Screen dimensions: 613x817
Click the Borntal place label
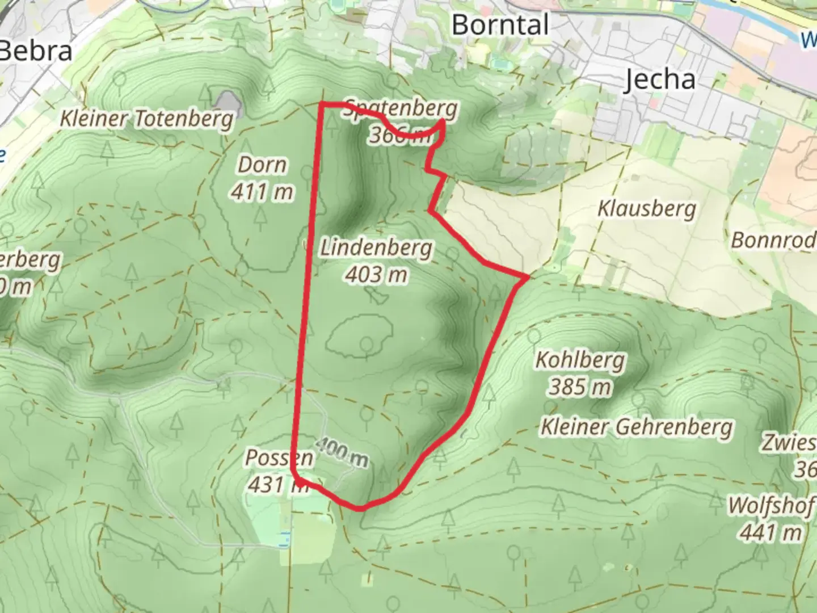pyautogui.click(x=500, y=25)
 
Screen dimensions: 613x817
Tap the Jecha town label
pyautogui.click(x=659, y=79)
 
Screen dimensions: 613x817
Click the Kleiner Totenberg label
pyautogui.click(x=147, y=119)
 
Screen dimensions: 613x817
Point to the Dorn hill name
pyautogui.click(x=262, y=165)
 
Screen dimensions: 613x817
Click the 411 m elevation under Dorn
pyautogui.click(x=262, y=192)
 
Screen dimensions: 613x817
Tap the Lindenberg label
pyautogui.click(x=376, y=248)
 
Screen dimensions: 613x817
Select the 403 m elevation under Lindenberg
pyautogui.click(x=376, y=275)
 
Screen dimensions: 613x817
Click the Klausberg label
pyautogui.click(x=646, y=208)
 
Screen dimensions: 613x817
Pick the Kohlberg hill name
pyautogui.click(x=580, y=360)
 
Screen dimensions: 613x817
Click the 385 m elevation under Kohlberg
pyautogui.click(x=580, y=387)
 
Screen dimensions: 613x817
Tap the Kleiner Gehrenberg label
pyautogui.click(x=636, y=427)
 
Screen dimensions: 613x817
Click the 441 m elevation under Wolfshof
pyautogui.click(x=770, y=532)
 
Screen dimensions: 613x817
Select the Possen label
pyautogui.click(x=279, y=457)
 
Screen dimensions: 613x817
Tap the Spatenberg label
pyautogui.click(x=399, y=108)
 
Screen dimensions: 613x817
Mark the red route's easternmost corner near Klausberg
pyautogui.click(x=528, y=277)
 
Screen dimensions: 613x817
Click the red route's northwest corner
pyautogui.click(x=322, y=104)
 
